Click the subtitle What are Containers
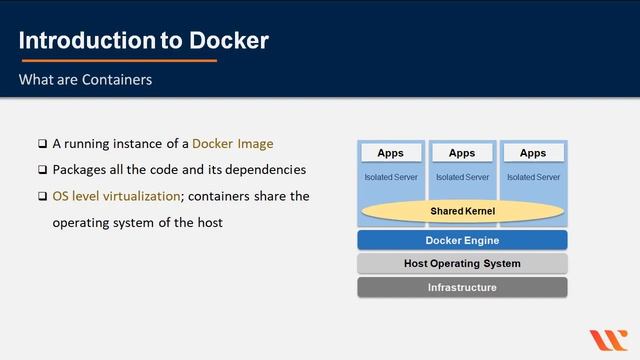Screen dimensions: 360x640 click(85, 79)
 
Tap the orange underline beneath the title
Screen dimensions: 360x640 click(118, 60)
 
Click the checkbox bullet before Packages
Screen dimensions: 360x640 click(42, 170)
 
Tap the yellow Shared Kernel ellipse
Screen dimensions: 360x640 click(462, 212)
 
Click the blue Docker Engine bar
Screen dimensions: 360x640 click(462, 240)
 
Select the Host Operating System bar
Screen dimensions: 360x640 click(462, 264)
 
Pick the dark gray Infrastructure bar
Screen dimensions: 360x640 click(462, 288)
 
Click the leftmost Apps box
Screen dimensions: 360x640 click(391, 153)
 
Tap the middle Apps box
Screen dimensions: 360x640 click(462, 153)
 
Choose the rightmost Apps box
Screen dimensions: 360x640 click(533, 153)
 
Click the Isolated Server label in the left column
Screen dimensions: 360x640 click(391, 177)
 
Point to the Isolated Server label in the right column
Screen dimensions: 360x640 click(533, 177)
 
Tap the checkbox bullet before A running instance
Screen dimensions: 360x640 click(42, 144)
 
